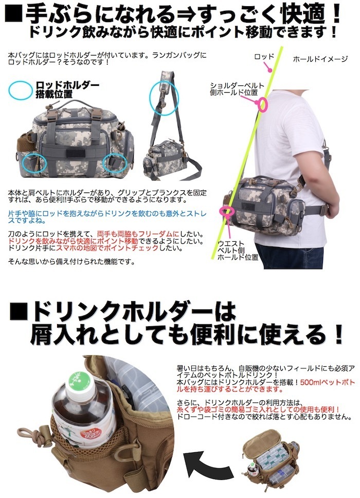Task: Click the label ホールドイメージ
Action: (x=320, y=59)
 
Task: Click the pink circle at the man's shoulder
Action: (x=263, y=105)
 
